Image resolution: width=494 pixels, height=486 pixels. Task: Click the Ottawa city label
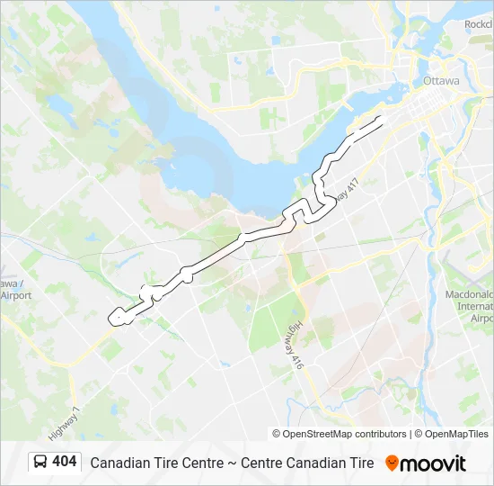[441, 81]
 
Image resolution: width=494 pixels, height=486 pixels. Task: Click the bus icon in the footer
[40, 463]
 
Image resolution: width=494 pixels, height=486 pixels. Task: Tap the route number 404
[65, 462]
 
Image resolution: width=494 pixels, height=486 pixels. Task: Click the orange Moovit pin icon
[392, 463]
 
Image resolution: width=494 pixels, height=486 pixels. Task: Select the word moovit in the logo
[434, 463]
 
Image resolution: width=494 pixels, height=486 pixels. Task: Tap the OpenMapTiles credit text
[457, 434]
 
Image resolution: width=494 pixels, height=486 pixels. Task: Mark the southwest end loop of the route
[116, 317]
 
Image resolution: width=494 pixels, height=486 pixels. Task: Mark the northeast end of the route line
[384, 117]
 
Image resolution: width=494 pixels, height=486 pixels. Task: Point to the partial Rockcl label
[479, 24]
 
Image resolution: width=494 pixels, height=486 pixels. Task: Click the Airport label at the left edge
[15, 294]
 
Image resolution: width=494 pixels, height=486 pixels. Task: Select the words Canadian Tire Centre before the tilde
[157, 463]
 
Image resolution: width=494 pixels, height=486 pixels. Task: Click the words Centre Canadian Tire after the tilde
[307, 463]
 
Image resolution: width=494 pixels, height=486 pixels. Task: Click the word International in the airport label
[475, 306]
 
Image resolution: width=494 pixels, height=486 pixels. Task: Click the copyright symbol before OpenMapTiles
[419, 434]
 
